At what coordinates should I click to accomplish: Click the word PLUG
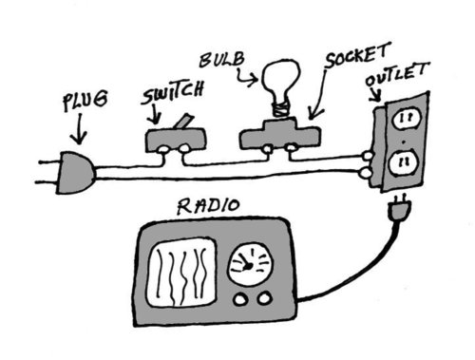coord(85,101)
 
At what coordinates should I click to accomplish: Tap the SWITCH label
coord(172,92)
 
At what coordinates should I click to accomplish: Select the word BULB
coord(222,60)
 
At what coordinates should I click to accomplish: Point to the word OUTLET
coord(397,75)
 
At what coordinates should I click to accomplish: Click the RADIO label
coord(208,206)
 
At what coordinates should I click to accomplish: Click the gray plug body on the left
coord(76,173)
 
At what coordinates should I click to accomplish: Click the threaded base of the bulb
coord(280,108)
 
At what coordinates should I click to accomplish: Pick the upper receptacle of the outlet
coord(407,120)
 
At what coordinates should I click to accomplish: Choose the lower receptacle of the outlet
coord(404,163)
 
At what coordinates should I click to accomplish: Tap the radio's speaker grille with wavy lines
coord(181,273)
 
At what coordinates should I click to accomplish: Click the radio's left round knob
coord(240,299)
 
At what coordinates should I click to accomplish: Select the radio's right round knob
coord(264,298)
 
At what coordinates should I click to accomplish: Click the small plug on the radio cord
coord(400,208)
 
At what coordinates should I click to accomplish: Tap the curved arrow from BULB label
coord(247,78)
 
